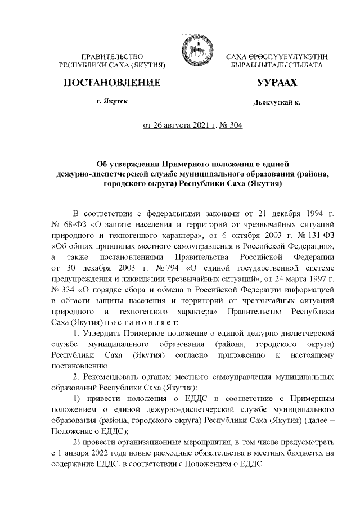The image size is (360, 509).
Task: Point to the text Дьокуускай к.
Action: click(x=276, y=103)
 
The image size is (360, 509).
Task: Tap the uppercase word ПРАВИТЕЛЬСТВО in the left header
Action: click(x=112, y=57)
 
